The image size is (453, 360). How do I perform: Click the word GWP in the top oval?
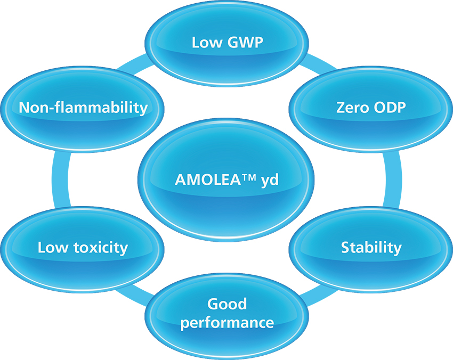[x=245, y=42]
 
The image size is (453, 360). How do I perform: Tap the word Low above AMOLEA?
[x=207, y=42]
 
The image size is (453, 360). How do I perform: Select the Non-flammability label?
[x=83, y=108]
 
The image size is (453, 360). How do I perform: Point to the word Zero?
[x=353, y=108]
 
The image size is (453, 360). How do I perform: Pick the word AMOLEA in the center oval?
[x=208, y=180]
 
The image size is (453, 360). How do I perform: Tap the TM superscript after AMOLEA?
[x=248, y=177]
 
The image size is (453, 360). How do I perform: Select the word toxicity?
[x=101, y=248]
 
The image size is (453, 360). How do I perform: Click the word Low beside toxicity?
[x=53, y=248]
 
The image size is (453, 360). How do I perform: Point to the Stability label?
[x=371, y=248]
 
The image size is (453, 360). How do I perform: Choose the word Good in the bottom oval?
[x=227, y=304]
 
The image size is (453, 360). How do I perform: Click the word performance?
[x=227, y=323]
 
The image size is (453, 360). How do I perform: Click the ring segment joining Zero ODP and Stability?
[x=393, y=179]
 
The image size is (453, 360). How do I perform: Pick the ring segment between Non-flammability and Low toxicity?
[x=61, y=179]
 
